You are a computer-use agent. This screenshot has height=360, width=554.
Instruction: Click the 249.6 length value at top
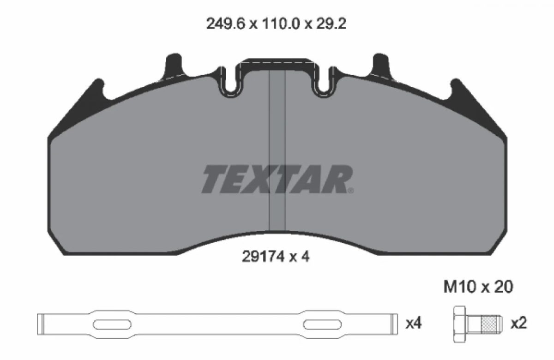click(x=225, y=24)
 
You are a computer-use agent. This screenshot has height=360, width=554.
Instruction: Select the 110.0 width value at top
click(x=281, y=24)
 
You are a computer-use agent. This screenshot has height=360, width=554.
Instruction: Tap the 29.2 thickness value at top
click(x=331, y=24)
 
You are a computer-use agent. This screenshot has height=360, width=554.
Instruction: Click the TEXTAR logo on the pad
click(x=277, y=179)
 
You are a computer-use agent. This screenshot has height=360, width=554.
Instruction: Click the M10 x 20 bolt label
click(x=478, y=287)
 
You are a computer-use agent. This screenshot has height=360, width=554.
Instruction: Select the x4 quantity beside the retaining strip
click(x=414, y=324)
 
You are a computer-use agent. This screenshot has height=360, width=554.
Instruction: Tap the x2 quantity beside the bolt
click(x=519, y=324)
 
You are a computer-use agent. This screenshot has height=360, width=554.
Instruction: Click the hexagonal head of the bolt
click(x=460, y=324)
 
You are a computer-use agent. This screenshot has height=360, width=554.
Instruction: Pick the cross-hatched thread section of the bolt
click(x=489, y=324)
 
